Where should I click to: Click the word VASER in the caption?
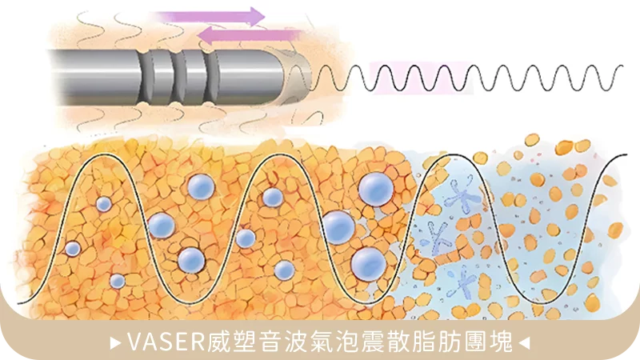(166, 342)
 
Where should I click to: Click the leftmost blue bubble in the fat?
(73, 249)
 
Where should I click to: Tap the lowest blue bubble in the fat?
(118, 281)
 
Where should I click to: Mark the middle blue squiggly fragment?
(438, 238)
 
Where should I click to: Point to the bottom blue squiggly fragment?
(462, 282)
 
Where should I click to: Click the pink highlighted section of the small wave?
(421, 78)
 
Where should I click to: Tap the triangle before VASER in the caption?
(116, 342)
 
